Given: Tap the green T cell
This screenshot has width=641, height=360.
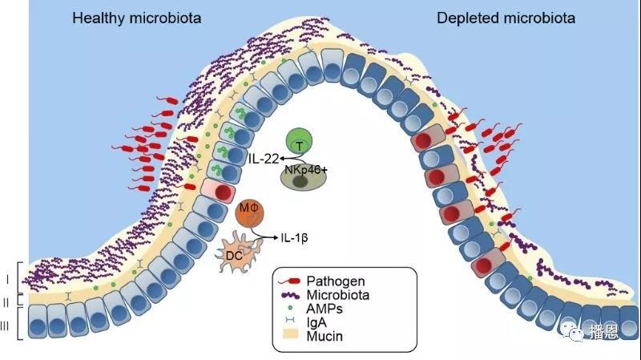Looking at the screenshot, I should tap(299, 143).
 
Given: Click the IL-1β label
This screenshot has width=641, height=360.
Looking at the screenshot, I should tap(296, 238).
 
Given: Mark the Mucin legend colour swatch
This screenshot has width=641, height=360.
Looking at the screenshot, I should tap(290, 337).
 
